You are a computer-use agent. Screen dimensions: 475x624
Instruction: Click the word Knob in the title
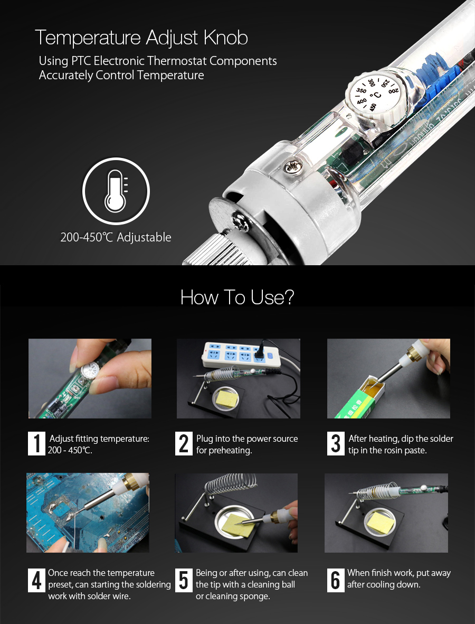(226, 38)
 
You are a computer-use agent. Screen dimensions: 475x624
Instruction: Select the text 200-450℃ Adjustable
(116, 237)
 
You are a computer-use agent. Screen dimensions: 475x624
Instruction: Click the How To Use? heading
(237, 297)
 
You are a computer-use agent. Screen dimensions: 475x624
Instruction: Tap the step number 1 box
(36, 443)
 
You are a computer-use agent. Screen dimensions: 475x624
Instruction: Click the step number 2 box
(184, 443)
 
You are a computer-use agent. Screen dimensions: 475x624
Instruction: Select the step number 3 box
(336, 443)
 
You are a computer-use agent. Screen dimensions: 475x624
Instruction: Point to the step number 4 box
(36, 580)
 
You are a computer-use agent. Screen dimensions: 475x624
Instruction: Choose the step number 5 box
(184, 580)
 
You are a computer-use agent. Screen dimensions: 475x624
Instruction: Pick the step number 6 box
(336, 580)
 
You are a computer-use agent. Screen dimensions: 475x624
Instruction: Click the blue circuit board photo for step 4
(88, 513)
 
